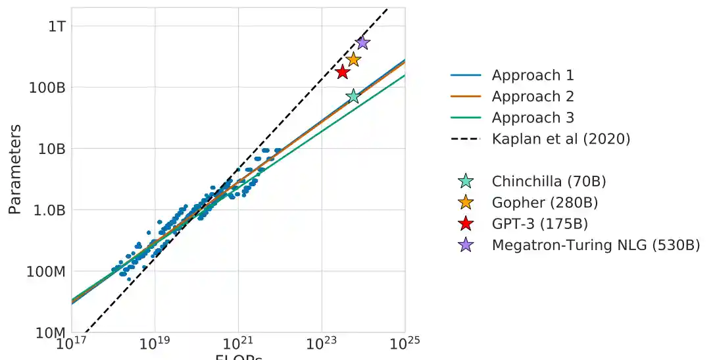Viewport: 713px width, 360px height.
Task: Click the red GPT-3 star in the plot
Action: click(x=342, y=72)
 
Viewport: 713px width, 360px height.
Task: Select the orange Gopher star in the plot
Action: click(x=353, y=59)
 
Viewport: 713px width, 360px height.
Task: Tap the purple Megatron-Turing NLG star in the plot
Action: click(x=362, y=43)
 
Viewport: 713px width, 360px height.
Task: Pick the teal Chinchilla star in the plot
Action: click(x=353, y=97)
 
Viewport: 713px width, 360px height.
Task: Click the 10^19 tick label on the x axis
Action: click(x=155, y=344)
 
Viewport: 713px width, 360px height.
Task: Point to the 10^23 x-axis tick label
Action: click(x=322, y=344)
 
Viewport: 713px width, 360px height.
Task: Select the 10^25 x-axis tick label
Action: click(x=405, y=344)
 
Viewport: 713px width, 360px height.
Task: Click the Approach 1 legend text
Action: click(x=533, y=76)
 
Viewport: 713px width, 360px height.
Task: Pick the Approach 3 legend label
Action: click(x=533, y=118)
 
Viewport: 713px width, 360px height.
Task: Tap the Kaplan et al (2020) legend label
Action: click(x=561, y=139)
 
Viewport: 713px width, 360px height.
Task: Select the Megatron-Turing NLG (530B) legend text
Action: click(x=596, y=245)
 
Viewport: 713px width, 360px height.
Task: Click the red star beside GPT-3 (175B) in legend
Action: click(x=466, y=224)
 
